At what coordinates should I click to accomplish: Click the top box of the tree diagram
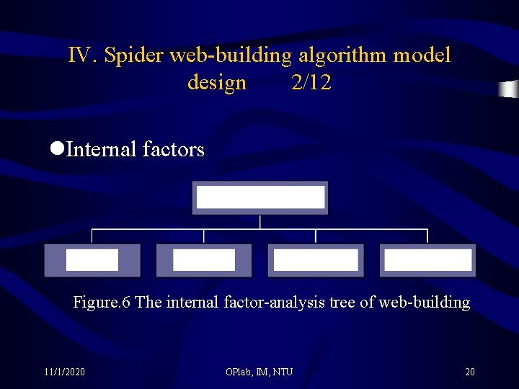tap(259, 198)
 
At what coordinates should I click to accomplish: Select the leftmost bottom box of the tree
tap(92, 260)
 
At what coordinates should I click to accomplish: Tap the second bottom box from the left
tap(204, 260)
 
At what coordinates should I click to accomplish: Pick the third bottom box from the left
tap(316, 260)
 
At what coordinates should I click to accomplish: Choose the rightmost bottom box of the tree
tap(428, 260)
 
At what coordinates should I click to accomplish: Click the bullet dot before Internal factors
tap(57, 149)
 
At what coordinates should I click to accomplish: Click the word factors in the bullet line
tap(174, 150)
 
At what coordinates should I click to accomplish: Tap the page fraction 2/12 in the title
tap(311, 83)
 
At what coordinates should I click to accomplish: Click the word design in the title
tap(217, 83)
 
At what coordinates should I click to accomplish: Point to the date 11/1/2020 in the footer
tap(64, 372)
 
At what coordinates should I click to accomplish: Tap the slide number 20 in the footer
tap(470, 372)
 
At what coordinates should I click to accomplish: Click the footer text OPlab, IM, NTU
tap(259, 372)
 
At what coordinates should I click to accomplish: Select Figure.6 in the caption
tap(102, 303)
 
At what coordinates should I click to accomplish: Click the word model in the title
tap(422, 55)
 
